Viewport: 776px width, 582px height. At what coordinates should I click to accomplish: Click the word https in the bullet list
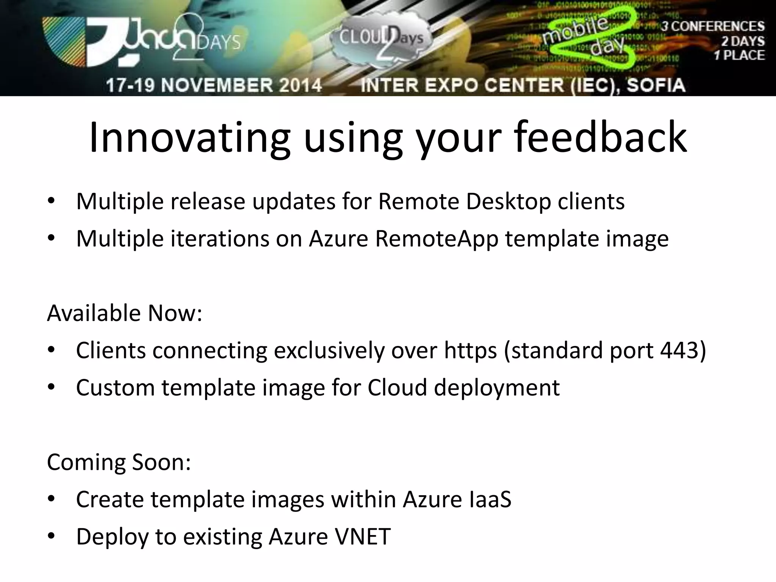470,350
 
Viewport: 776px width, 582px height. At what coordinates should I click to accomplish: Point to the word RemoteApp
436,239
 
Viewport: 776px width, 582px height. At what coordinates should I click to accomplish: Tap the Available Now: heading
125,313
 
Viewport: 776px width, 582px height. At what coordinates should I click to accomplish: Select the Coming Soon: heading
119,462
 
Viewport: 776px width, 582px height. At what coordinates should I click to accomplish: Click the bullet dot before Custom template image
52,387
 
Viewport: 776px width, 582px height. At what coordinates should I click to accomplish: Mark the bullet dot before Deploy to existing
52,536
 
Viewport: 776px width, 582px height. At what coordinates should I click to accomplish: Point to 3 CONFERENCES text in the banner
713,27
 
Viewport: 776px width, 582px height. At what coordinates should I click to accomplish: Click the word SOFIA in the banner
656,85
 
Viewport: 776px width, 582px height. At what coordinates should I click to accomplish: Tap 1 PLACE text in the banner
739,55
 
